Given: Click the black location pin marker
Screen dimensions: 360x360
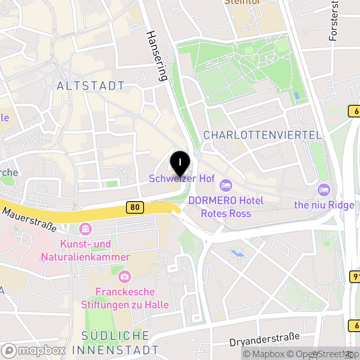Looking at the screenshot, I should coord(180,163).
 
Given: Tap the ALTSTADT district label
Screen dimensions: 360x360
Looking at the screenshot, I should coord(91,85).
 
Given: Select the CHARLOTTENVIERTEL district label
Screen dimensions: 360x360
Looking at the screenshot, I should coord(263,135).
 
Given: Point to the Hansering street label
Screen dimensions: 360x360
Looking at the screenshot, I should coord(157,56).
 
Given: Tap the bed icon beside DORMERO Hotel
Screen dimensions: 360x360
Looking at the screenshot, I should coord(225,185).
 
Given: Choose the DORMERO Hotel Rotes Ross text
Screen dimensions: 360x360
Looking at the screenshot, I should coord(226,206).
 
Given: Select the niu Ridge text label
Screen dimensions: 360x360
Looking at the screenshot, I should coord(324,205).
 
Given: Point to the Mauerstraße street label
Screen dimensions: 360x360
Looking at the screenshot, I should coord(30,219).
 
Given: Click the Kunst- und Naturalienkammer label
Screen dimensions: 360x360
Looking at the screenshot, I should coord(85,251).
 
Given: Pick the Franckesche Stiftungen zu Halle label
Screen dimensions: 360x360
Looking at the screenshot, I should coord(125,298).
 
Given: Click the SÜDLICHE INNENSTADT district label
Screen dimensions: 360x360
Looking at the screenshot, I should coord(116,342).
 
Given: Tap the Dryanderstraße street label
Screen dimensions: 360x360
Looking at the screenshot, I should coord(264,338).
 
